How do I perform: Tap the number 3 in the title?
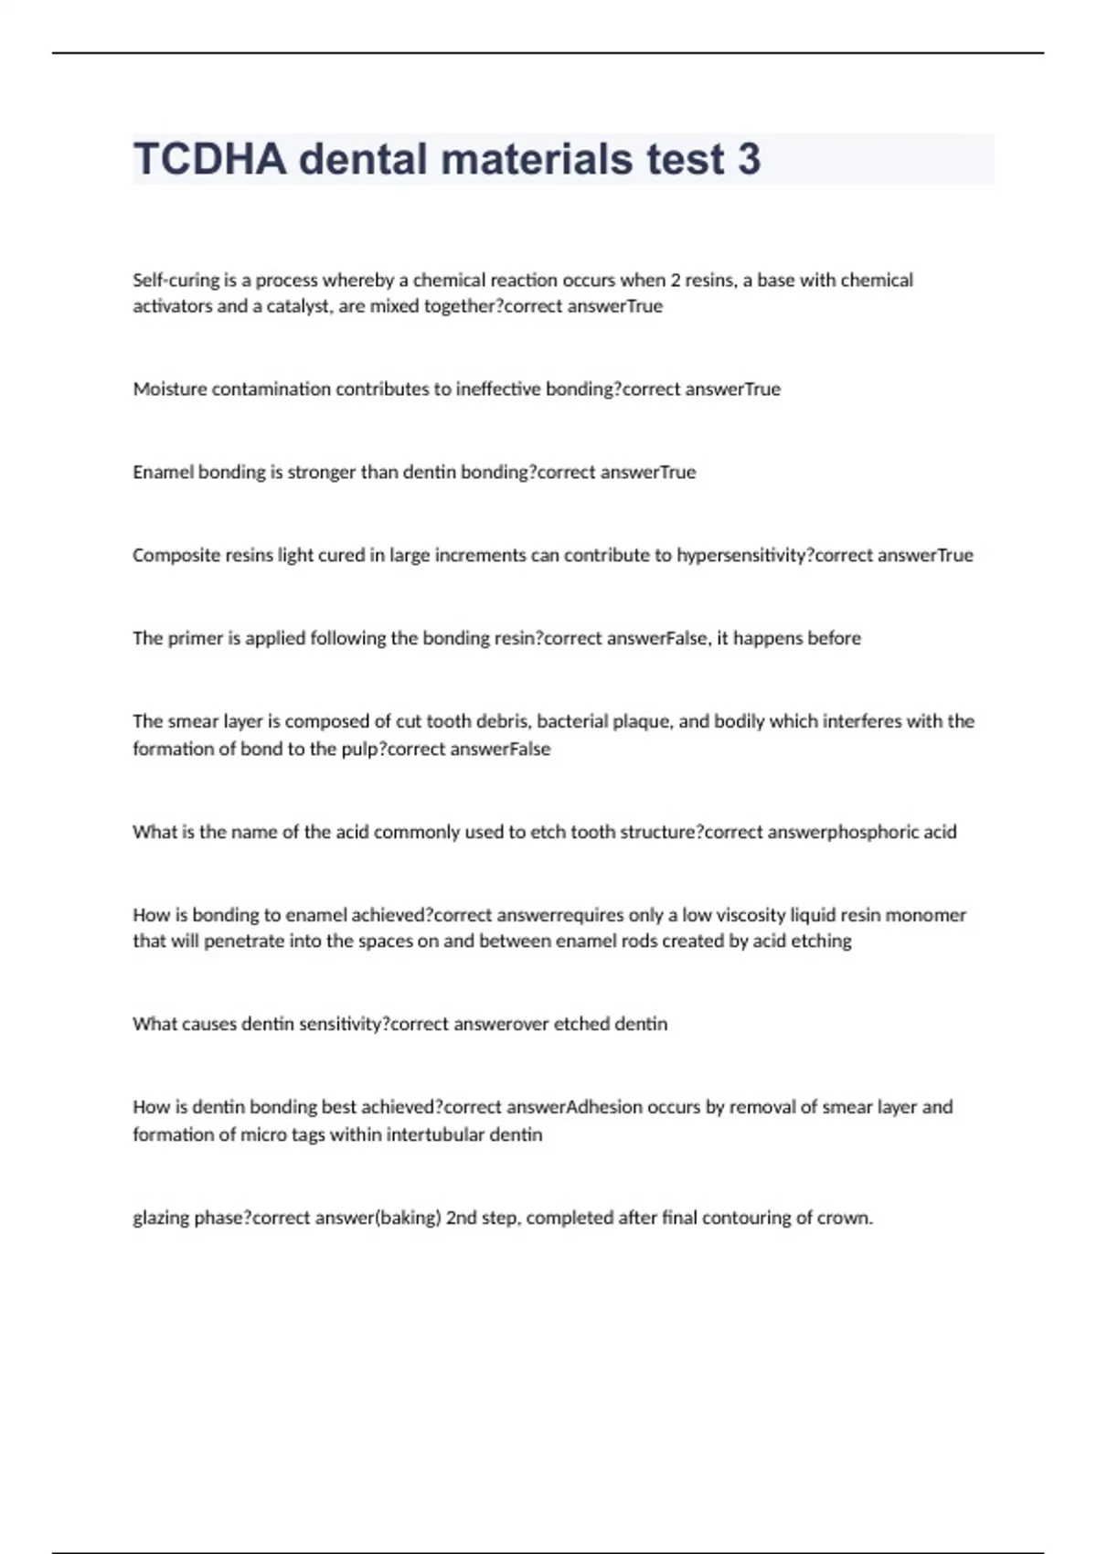point(749,159)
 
